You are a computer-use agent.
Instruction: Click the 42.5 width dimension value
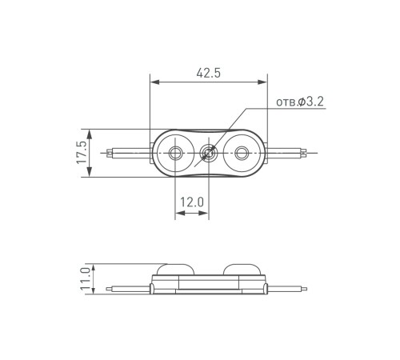tap(207, 73)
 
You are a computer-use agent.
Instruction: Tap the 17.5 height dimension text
tap(82, 153)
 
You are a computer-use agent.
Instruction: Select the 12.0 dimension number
tap(191, 203)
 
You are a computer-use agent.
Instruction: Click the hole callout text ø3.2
tap(300, 102)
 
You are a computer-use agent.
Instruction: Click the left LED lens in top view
tap(175, 153)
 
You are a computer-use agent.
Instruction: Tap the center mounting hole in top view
tap(209, 153)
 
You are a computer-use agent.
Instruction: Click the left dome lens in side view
tap(174, 270)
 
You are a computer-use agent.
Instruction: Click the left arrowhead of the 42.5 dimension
tap(154, 82)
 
